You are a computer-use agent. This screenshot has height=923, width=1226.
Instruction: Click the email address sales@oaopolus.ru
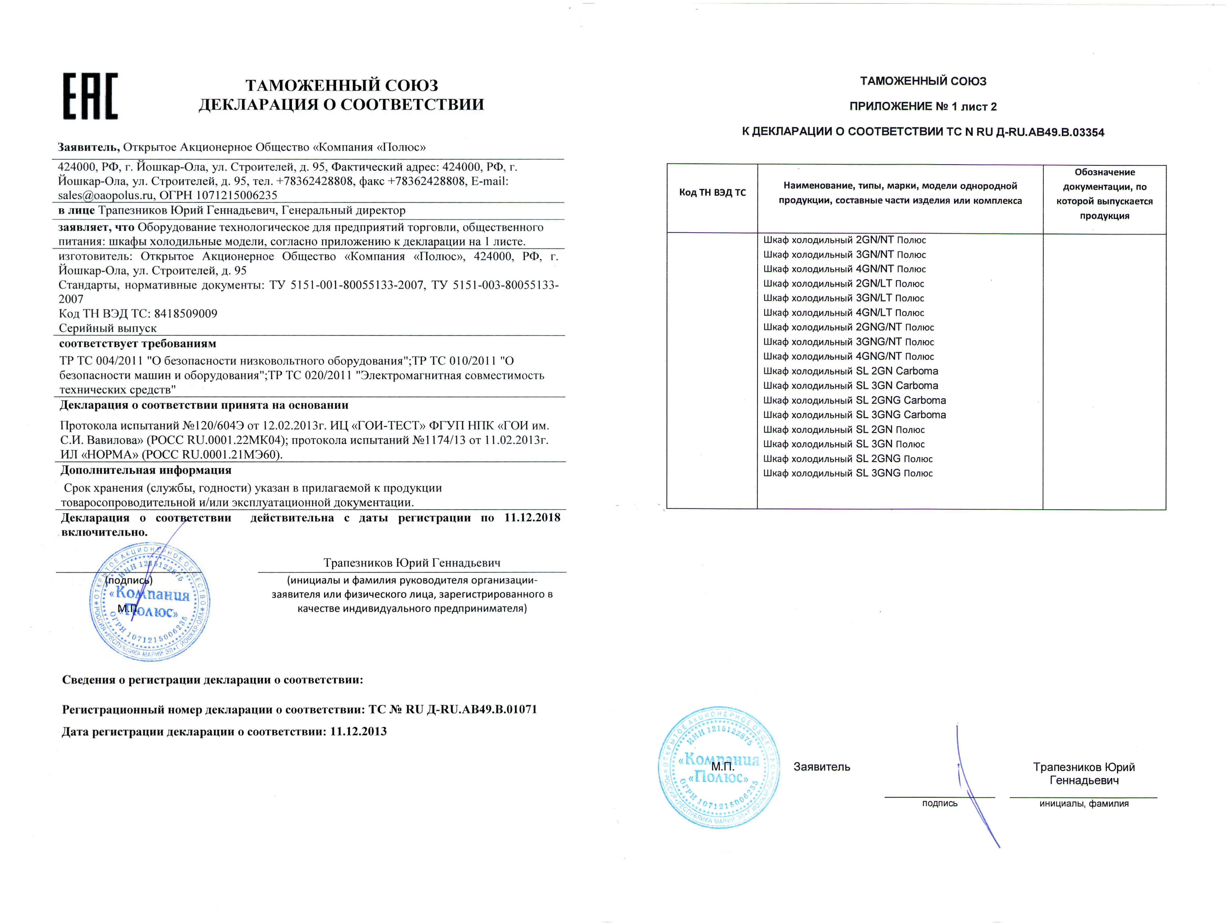pos(105,195)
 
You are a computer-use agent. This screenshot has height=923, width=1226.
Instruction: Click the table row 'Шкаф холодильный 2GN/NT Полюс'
pos(844,240)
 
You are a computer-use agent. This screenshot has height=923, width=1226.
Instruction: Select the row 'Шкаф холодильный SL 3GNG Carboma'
pos(854,415)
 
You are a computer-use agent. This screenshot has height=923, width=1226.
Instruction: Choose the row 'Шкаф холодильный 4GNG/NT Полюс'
pos(848,357)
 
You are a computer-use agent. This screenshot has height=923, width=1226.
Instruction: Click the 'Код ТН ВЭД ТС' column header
pos(712,192)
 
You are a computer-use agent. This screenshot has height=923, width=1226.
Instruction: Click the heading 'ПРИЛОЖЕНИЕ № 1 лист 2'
pos(923,106)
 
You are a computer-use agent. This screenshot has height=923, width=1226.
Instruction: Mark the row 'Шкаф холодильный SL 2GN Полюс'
pos(844,430)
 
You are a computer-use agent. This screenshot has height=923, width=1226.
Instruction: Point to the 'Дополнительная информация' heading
pos(146,470)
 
